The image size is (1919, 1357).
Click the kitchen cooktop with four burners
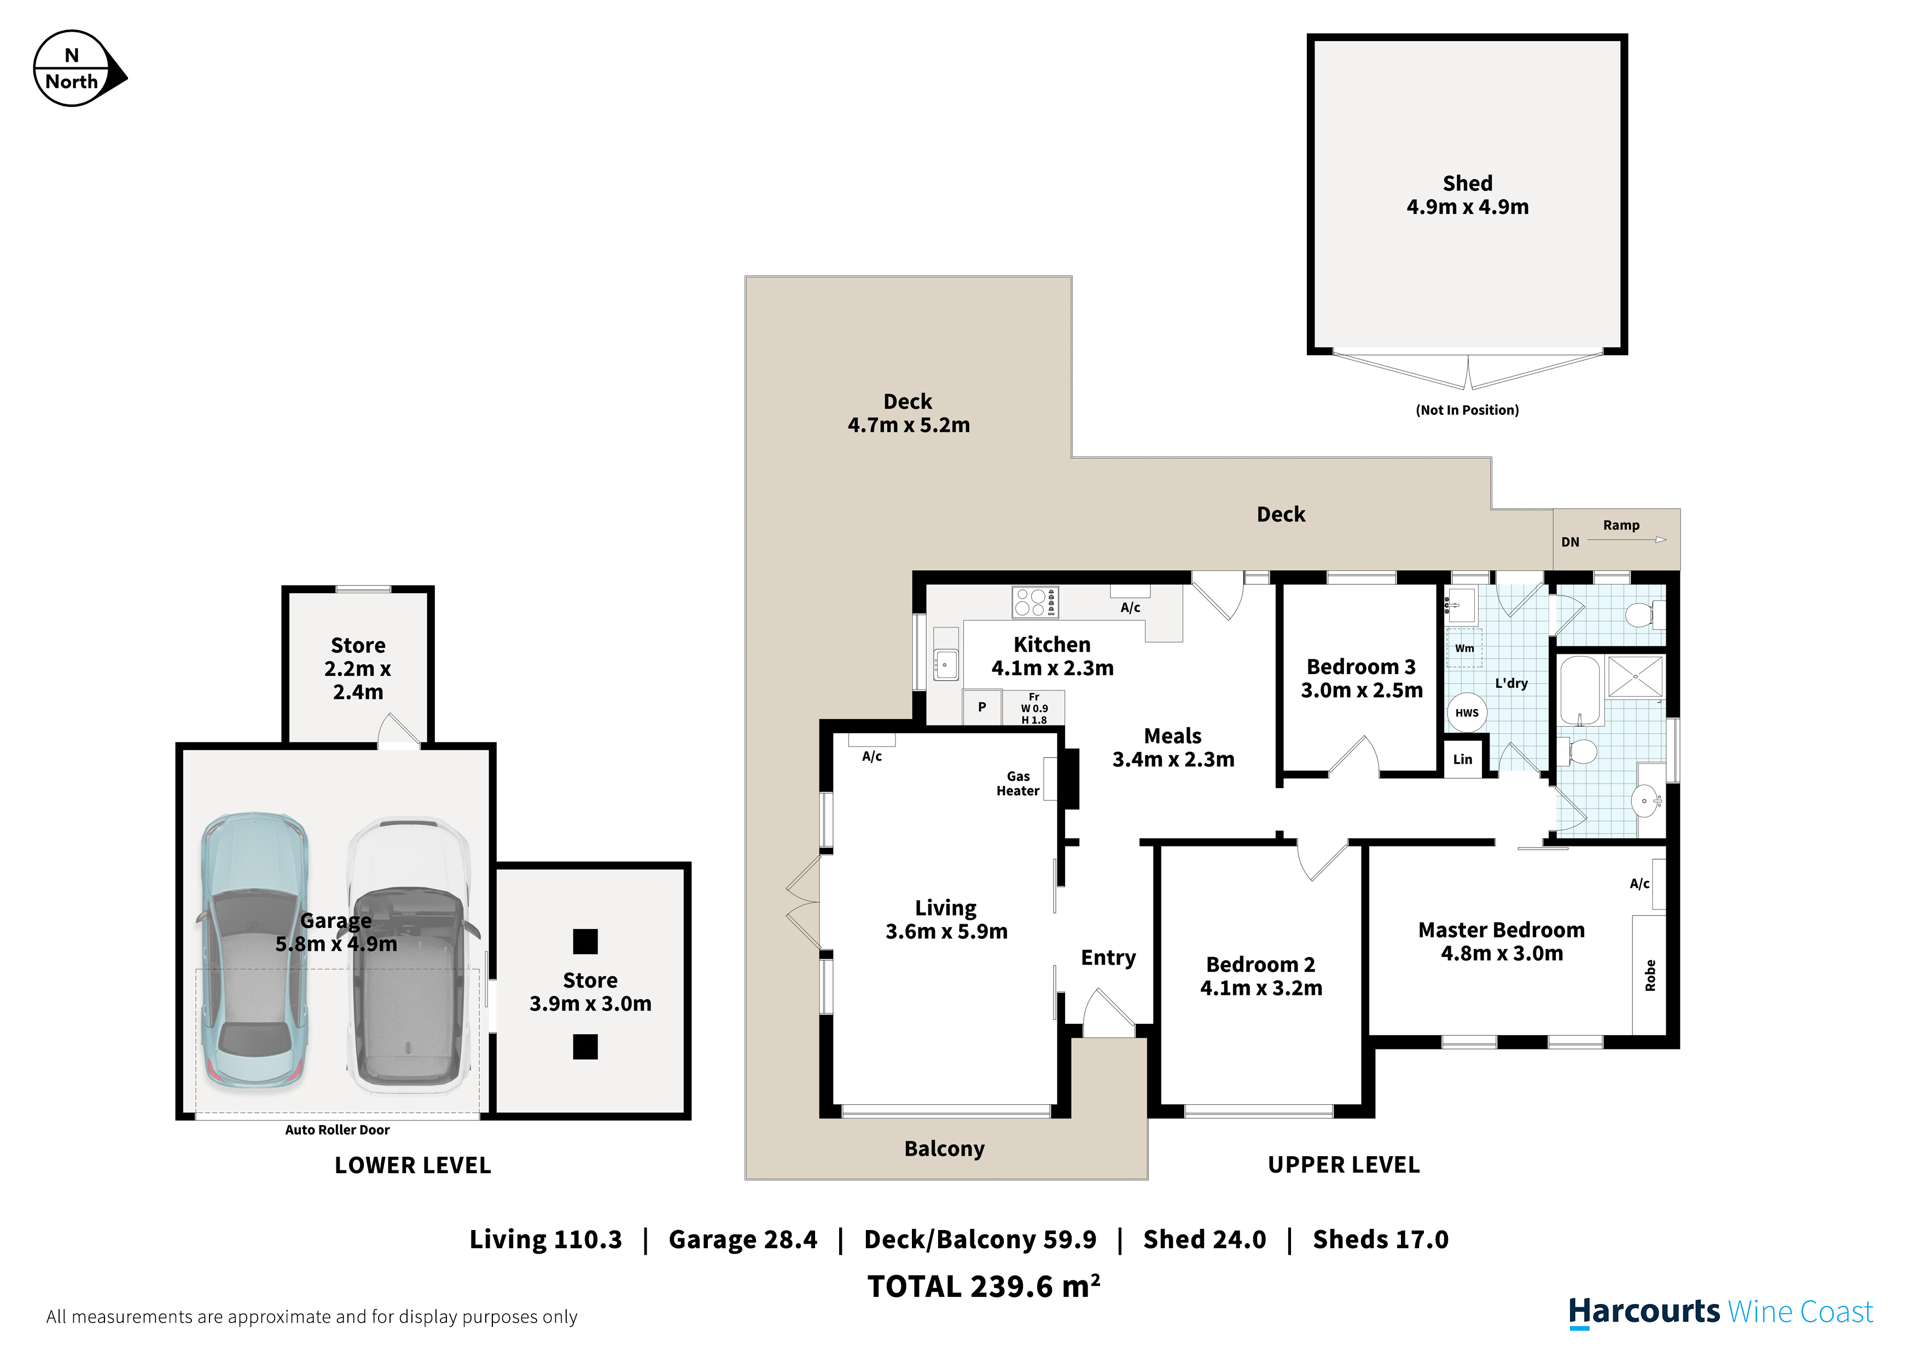click(x=1035, y=602)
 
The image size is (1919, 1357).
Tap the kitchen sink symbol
click(x=945, y=665)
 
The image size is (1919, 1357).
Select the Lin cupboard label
click(x=1463, y=759)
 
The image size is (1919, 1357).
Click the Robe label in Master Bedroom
click(x=1650, y=976)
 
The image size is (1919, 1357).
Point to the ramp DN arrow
click(x=1626, y=540)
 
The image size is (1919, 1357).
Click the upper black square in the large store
click(x=585, y=942)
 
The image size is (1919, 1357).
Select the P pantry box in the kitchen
click(x=982, y=708)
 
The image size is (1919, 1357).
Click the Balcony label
click(x=944, y=1149)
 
